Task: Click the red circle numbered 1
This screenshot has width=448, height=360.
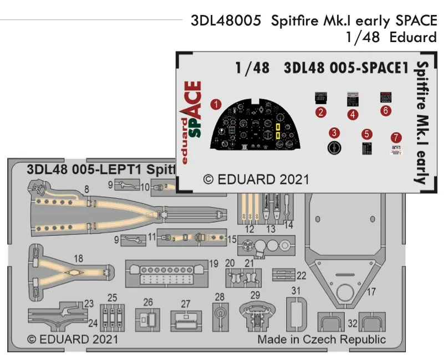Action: coord(216,104)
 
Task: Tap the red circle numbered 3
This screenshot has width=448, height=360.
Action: coord(334,133)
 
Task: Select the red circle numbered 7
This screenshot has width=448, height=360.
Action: coord(395,137)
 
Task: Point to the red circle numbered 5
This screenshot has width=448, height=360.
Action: coord(366,134)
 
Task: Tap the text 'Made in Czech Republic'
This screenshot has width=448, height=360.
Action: coord(322,340)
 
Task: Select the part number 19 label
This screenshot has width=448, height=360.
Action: coord(213,263)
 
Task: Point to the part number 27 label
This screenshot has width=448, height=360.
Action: coord(185,304)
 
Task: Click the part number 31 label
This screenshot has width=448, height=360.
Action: coord(296,291)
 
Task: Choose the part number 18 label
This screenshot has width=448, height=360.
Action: coord(78,259)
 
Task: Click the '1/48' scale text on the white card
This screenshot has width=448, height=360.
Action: coord(252,68)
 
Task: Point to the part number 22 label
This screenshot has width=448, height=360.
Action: coord(301,275)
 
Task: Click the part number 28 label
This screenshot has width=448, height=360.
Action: coord(220,297)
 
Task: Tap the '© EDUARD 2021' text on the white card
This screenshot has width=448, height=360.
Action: coord(256,179)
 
